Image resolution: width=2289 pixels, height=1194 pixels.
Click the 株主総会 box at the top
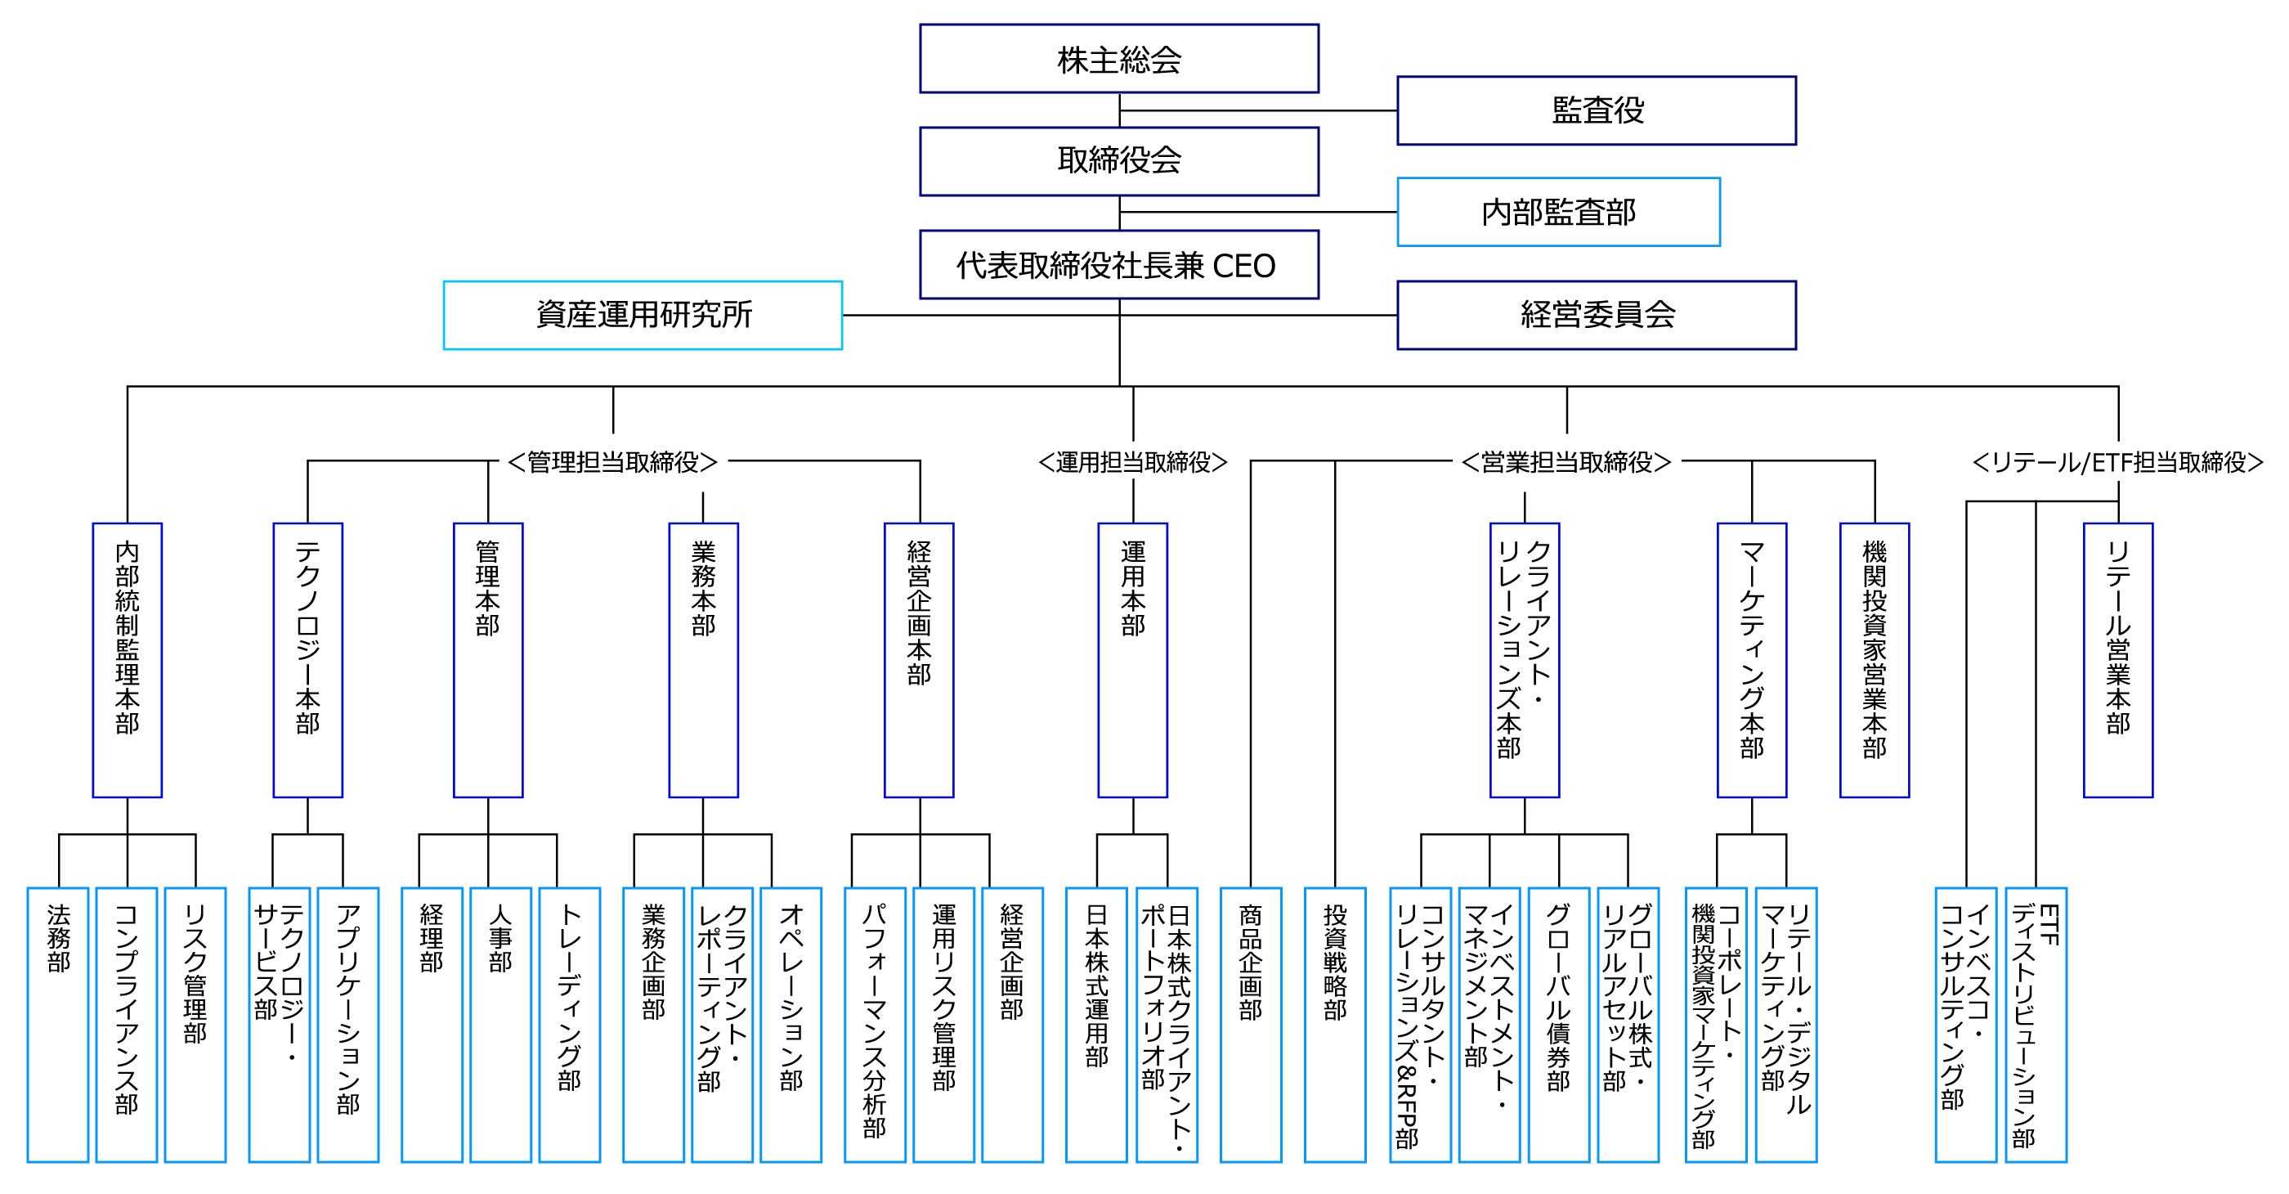[1118, 59]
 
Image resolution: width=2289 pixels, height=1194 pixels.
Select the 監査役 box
[1596, 110]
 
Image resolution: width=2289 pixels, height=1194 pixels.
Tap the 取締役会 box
[1118, 161]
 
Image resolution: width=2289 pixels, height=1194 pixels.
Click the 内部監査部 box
[1559, 212]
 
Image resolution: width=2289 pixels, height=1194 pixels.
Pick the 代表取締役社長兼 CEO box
[1118, 265]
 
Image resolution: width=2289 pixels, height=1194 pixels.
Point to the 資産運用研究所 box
[643, 315]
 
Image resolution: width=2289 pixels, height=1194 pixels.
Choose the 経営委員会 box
[1596, 315]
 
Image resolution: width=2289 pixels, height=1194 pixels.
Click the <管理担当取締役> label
[613, 462]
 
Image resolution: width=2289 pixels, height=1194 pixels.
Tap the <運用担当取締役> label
[1133, 462]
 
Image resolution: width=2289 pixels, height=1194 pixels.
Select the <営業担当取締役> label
[1566, 462]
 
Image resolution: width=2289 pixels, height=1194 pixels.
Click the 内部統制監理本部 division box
[127, 660]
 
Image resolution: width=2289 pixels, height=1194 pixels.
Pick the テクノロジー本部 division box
[307, 660]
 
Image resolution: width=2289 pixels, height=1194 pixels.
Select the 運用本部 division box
[1133, 660]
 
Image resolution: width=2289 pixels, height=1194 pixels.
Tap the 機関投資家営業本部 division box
[1874, 660]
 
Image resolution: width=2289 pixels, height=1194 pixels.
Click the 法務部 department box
[58, 1024]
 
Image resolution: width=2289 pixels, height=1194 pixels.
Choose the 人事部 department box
[500, 1024]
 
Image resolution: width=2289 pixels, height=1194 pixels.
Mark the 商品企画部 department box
[1250, 1024]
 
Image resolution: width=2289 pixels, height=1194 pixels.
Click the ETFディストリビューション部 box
[2036, 1024]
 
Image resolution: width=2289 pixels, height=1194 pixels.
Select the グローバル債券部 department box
[1559, 1024]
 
